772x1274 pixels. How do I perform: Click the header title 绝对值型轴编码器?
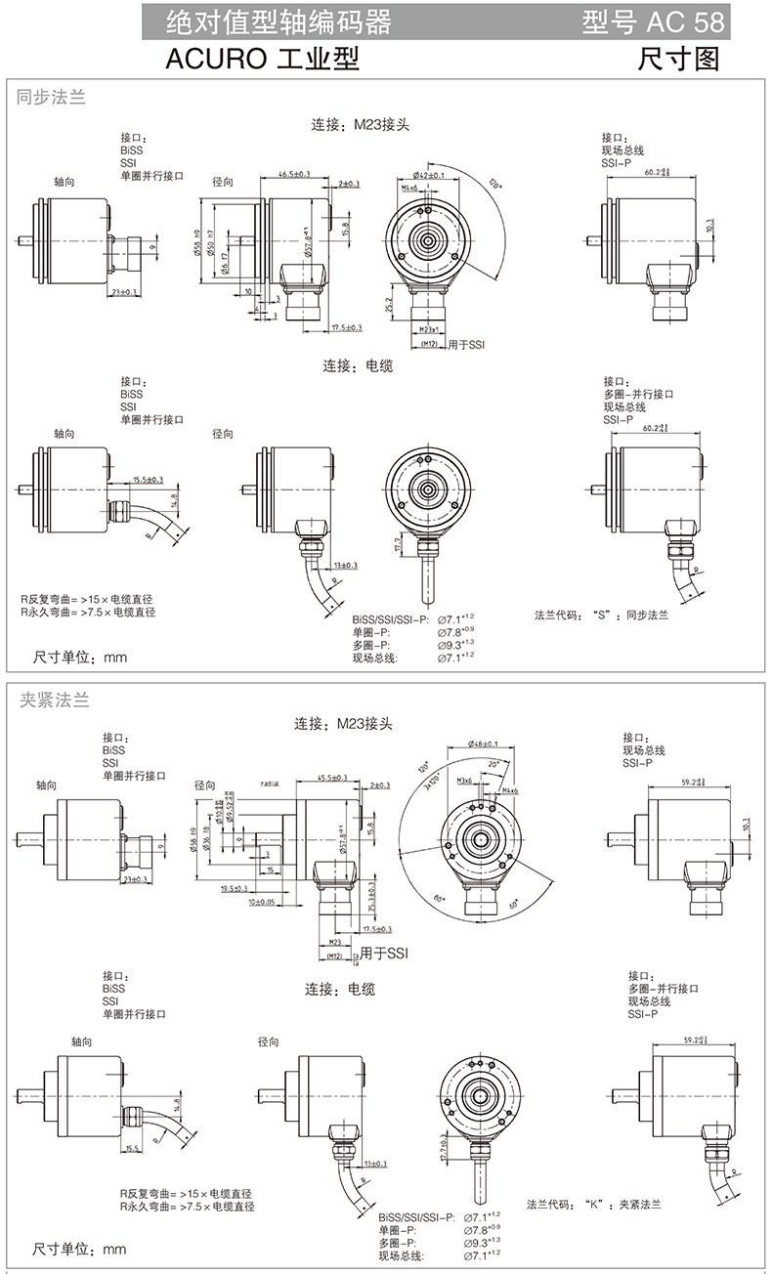coord(279,21)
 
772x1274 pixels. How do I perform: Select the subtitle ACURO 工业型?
coord(262,60)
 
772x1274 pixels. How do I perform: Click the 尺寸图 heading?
coord(678,60)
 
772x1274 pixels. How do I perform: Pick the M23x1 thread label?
coord(428,331)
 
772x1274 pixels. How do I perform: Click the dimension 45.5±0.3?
coord(333,778)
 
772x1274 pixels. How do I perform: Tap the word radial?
coord(271,784)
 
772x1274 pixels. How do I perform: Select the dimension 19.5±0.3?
coord(235,888)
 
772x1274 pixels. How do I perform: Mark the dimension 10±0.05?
coord(261,902)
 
